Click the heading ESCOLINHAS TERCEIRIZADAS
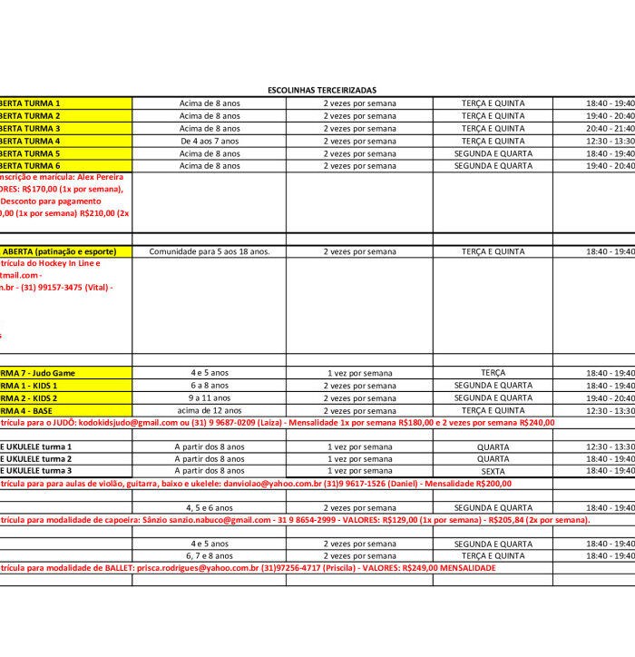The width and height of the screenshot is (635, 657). point(322,91)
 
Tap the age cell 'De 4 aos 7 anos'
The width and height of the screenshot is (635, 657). point(210,141)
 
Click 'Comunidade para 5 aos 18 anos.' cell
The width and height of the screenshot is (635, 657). point(210,251)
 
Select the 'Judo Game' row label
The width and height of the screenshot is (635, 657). point(51,373)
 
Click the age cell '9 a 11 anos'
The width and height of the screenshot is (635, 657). point(210,397)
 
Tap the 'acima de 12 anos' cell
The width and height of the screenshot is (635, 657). point(210,410)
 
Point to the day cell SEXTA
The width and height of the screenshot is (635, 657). point(493,471)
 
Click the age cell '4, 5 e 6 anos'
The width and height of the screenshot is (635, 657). point(210,507)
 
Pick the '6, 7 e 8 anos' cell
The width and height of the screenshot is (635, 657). point(210,555)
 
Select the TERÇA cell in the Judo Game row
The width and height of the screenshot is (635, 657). point(493,373)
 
